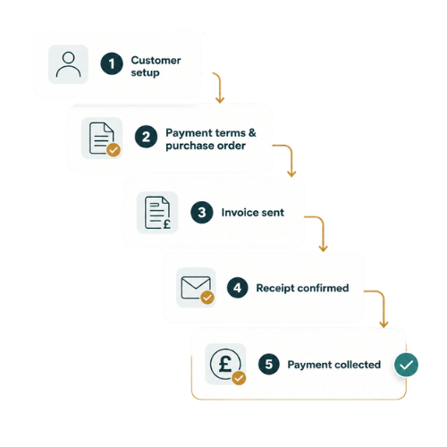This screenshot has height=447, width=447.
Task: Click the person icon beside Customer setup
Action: click(68, 64)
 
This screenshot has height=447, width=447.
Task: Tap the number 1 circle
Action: click(112, 63)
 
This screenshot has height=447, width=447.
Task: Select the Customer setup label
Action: click(156, 66)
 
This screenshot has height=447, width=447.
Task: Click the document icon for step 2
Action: click(102, 138)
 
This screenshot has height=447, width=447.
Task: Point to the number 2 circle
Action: click(146, 137)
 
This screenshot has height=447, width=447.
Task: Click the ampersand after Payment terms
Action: click(252, 132)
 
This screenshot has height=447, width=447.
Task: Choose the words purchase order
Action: click(206, 146)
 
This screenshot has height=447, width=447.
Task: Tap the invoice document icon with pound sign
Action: click(157, 213)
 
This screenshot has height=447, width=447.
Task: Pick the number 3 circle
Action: click(202, 213)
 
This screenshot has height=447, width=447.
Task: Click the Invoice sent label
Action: click(253, 213)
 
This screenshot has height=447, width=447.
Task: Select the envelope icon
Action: click(196, 288)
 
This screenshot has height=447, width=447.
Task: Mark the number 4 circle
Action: click(237, 288)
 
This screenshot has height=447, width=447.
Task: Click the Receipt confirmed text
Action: click(302, 288)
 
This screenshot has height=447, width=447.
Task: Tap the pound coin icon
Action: click(225, 364)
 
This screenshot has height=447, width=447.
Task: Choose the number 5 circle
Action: click(269, 364)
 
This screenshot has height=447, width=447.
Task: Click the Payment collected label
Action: click(334, 365)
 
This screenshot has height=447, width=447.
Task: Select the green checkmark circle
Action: click(406, 365)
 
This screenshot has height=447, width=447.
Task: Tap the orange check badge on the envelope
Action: click(207, 298)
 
